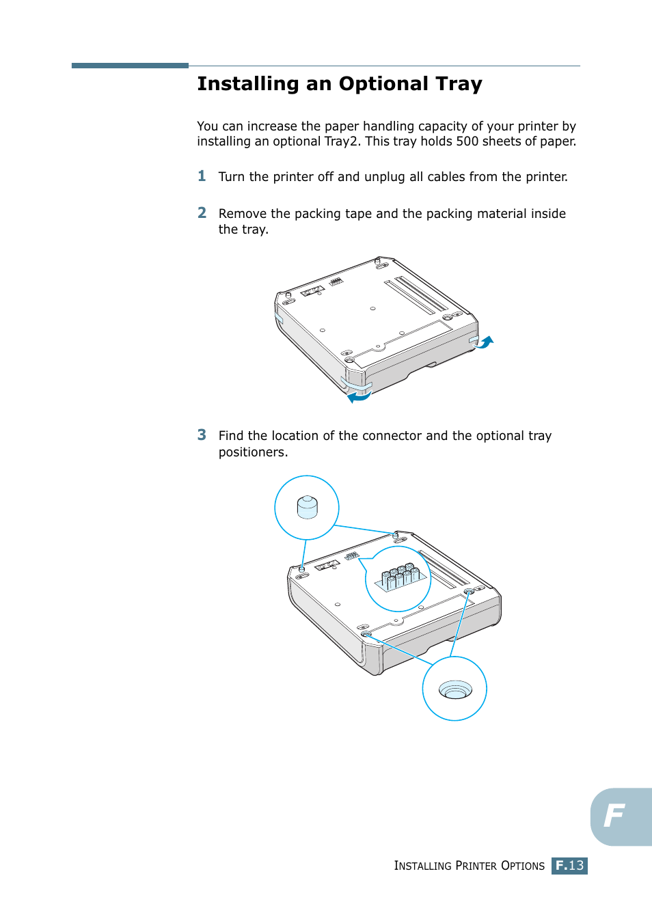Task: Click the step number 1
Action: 202,176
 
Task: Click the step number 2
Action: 202,213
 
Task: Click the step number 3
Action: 202,435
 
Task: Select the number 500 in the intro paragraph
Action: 467,141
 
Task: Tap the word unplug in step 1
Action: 384,177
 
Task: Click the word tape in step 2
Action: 358,214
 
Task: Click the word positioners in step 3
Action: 252,452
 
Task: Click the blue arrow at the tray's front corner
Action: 358,396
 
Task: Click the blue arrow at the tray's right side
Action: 485,342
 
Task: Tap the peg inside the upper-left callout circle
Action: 307,508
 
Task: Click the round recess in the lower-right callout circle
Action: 454,689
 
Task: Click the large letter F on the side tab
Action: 614,815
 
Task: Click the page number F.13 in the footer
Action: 569,866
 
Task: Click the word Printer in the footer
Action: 476,866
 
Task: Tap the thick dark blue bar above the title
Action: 130,66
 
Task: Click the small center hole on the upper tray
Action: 372,309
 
